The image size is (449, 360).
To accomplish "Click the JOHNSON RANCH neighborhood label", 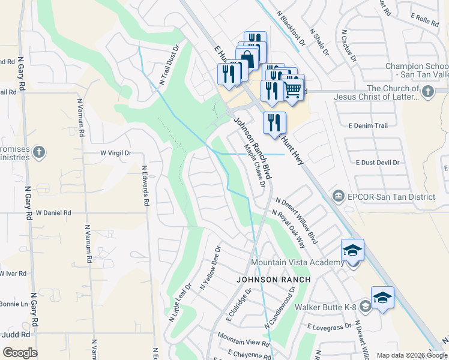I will pyautogui.click(x=273, y=280).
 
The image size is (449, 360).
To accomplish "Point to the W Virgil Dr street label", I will pyautogui.click(x=115, y=153).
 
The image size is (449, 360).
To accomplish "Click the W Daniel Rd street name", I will pyautogui.click(x=53, y=212).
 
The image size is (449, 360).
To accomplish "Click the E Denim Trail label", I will pyautogui.click(x=368, y=125).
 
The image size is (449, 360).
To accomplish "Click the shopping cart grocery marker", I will pyautogui.click(x=292, y=88).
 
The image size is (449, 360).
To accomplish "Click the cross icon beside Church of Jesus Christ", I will pyautogui.click(x=427, y=91).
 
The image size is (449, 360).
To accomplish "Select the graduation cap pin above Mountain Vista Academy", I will pyautogui.click(x=352, y=250).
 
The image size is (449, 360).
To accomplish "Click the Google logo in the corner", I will pyautogui.click(x=20, y=353).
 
